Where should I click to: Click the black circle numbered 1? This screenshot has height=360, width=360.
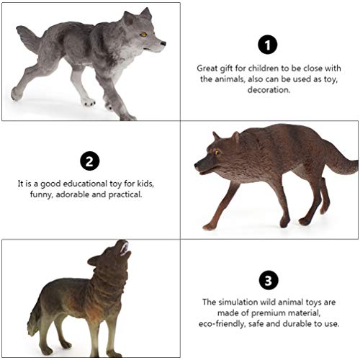point(268,45)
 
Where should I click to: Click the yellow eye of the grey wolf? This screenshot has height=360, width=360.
point(143,34)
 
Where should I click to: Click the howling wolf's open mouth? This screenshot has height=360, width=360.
point(125,250)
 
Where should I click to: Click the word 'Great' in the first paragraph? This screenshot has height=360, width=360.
point(209,68)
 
